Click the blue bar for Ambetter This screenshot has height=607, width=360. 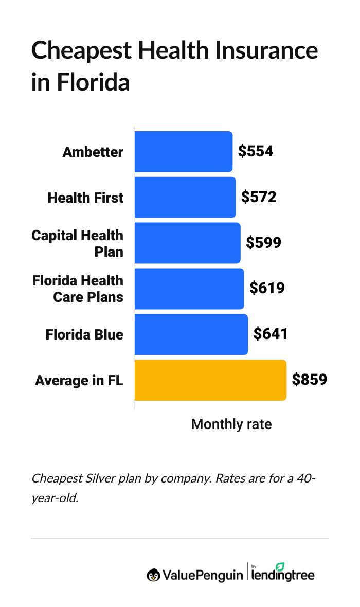(183, 152)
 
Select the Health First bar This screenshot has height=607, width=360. (185, 198)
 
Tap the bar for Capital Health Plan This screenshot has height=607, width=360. (187, 243)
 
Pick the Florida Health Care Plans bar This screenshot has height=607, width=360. (189, 289)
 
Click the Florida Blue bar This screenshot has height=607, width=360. (191, 334)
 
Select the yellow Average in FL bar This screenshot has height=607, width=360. (210, 380)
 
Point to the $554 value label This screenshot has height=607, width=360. (256, 152)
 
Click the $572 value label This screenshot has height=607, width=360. (259, 198)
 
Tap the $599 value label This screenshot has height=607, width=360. (263, 243)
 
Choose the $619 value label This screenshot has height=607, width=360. (267, 289)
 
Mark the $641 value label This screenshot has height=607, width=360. (271, 334)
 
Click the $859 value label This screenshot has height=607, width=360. (310, 380)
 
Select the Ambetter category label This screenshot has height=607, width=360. (93, 152)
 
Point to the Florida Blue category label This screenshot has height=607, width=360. (84, 335)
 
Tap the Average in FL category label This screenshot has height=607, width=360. (79, 381)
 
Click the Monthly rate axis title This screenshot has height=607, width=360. (231, 424)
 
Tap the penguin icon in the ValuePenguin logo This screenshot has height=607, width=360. (153, 575)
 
